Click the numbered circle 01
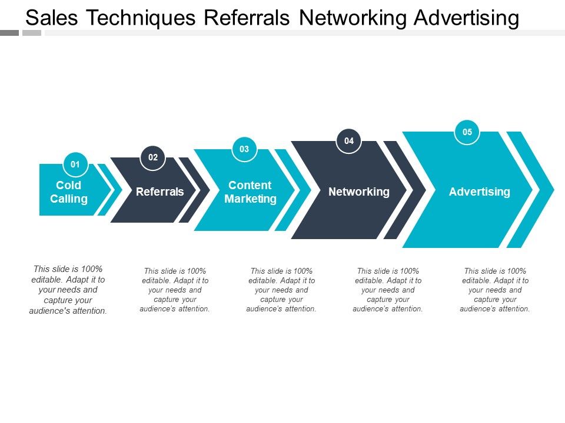(75, 164)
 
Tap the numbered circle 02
(153, 157)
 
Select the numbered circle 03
(244, 149)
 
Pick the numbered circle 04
(349, 141)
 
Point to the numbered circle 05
(467, 132)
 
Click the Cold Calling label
(69, 192)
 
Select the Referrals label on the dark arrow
(159, 192)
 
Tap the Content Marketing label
(250, 192)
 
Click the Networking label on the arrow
(358, 192)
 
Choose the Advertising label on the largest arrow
(479, 192)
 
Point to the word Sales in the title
(52, 19)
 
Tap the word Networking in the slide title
(351, 19)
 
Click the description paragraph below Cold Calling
(68, 290)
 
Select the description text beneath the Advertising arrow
(495, 290)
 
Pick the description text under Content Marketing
(281, 290)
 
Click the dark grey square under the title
(9, 33)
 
